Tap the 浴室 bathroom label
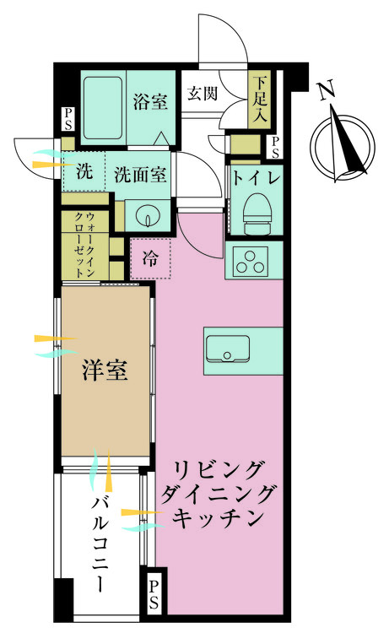pyautogui.click(x=150, y=101)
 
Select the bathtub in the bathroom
pyautogui.click(x=104, y=107)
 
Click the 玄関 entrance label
pyautogui.click(x=203, y=94)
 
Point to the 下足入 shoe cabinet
pyautogui.click(x=260, y=98)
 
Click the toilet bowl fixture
pyautogui.click(x=256, y=212)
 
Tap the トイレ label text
pyautogui.click(x=256, y=178)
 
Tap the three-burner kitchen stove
pyautogui.click(x=251, y=262)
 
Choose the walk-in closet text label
pyautogui.click(x=85, y=245)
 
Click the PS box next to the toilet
pyautogui.click(x=273, y=147)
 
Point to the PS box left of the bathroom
pyautogui.click(x=68, y=119)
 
